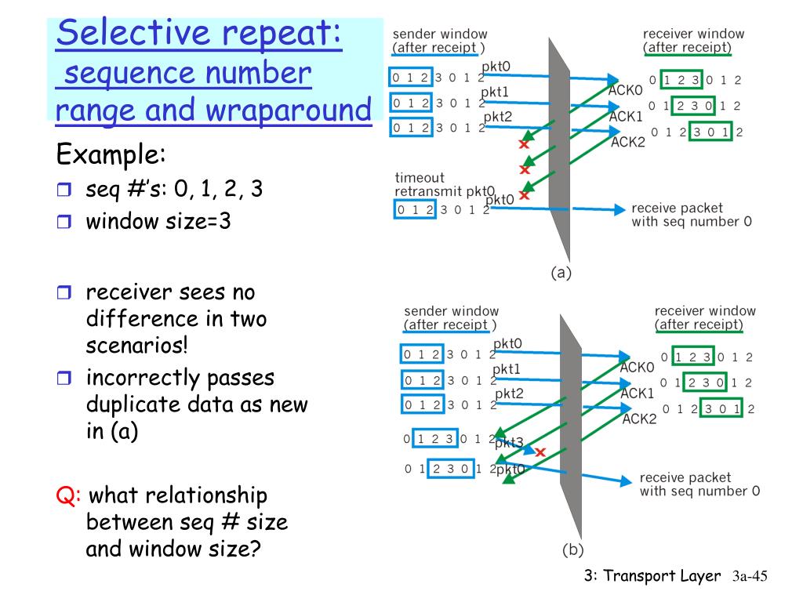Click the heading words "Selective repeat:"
coord(200,34)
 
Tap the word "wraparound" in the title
coord(289,110)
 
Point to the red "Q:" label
coord(68,495)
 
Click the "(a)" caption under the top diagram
coord(561,273)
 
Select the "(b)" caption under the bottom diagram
coord(572,549)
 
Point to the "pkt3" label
coord(509,443)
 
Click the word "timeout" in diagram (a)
coord(420,178)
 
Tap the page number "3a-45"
coord(748,576)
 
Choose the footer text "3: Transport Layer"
coord(652,576)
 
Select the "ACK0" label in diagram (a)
coord(626,90)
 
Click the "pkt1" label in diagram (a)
coord(495,92)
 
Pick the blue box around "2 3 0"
coord(452,469)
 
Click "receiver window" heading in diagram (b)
coord(705,311)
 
